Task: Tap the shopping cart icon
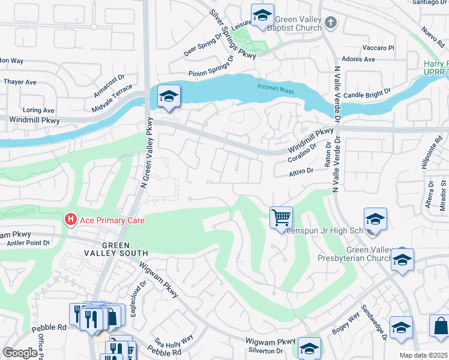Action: coord(281,217)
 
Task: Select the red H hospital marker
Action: coord(71,220)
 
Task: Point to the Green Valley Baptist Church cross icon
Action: coord(330,23)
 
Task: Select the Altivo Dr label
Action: coord(301,171)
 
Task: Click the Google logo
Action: coord(20,353)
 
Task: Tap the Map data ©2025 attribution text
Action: coord(423,355)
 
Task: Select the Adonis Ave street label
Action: coord(358,59)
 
